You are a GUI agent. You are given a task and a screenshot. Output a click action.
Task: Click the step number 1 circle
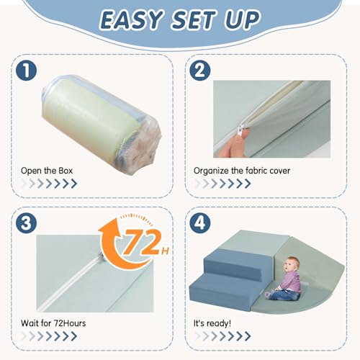27,71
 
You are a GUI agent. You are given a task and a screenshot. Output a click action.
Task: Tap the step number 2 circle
199,71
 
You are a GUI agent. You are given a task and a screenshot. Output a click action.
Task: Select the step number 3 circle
27,222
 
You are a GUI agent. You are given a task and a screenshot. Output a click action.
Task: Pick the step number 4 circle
199,222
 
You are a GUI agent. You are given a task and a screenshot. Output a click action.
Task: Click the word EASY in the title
131,20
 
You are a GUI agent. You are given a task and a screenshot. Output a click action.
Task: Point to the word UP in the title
243,19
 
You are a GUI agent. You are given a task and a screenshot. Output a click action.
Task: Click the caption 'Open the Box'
47,171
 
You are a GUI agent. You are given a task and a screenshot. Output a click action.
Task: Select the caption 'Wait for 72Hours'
53,323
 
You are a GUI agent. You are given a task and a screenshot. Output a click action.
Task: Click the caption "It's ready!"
212,323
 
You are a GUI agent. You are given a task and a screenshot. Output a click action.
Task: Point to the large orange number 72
142,242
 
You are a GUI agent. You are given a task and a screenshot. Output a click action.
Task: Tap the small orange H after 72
165,251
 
